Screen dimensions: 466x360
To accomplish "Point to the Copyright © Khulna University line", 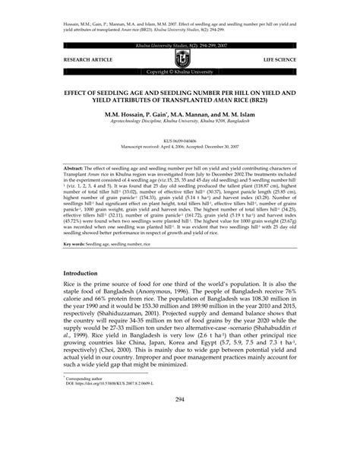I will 180,71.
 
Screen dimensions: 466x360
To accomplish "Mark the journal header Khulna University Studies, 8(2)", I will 180,46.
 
